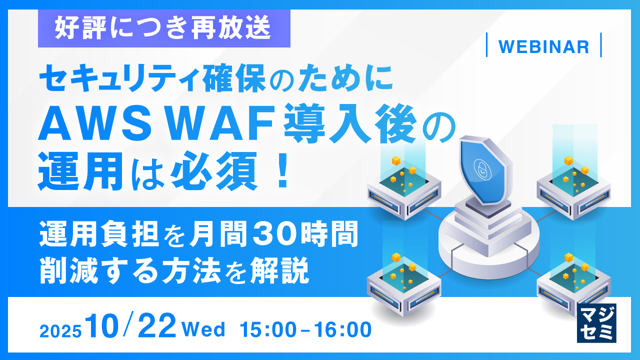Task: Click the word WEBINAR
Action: pos(543,46)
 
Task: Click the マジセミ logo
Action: pos(596,322)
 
